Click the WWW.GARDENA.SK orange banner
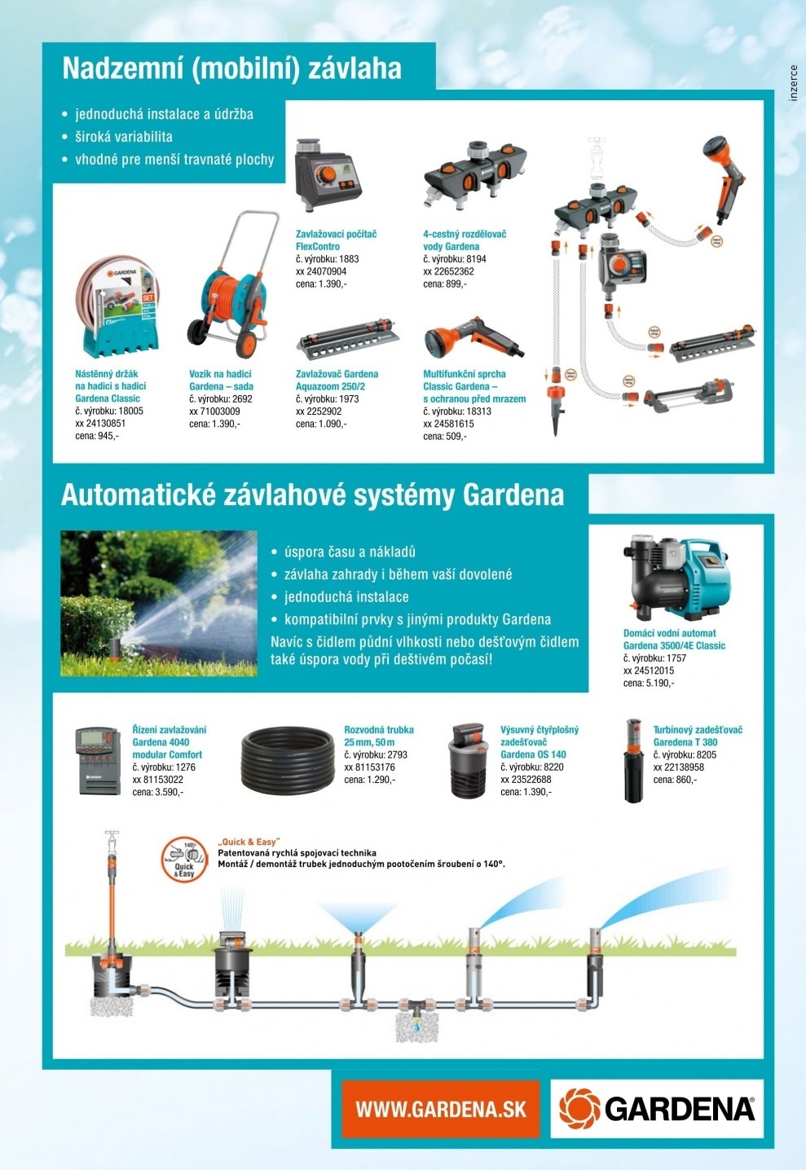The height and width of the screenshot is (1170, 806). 440,1109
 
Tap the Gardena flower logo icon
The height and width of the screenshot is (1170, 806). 579,1108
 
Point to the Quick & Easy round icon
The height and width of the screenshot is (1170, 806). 184,860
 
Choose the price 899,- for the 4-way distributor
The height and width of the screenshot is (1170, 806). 456,284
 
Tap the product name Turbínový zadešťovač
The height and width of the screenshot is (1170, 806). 698,730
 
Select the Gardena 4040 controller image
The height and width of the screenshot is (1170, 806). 94,760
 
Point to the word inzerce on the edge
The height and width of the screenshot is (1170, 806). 794,83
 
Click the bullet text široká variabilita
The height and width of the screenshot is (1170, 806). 124,137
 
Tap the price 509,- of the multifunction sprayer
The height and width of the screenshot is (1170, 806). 456,436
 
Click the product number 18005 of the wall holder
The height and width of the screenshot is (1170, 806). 130,411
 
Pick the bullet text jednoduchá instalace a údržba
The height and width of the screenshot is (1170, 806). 164,114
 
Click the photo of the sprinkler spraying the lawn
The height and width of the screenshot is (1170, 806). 159,603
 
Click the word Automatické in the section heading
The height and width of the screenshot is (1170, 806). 139,495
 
